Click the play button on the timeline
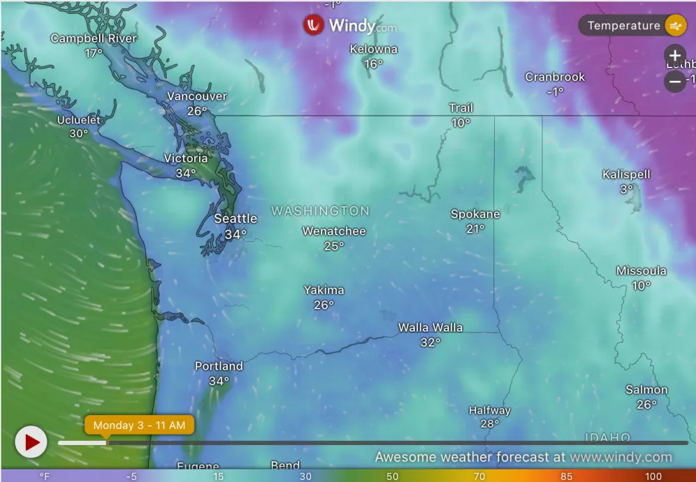[31, 442]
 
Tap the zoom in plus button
[674, 56]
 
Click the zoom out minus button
[674, 81]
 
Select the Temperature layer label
[623, 26]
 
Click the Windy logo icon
[313, 26]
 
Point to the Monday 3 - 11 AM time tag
[139, 425]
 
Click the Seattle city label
[235, 219]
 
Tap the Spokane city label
[475, 215]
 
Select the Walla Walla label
[430, 327]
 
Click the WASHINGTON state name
[320, 210]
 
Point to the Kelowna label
[374, 49]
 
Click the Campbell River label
[93, 38]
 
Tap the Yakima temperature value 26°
[324, 305]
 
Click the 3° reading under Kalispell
[626, 189]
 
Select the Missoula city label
[641, 271]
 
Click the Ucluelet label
[79, 120]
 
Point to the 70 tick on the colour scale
[479, 476]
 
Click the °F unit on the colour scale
[45, 476]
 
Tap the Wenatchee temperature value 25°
[333, 246]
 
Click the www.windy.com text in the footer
[621, 458]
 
